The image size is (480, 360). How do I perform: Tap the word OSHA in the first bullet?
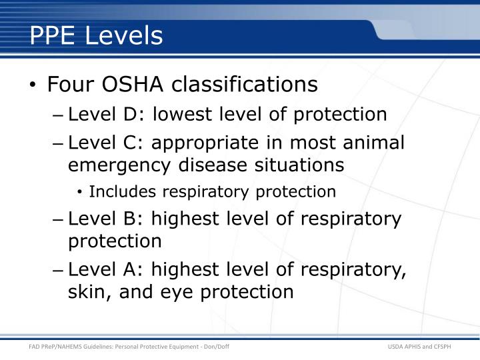[x=130, y=85]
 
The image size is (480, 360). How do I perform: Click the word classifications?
[x=245, y=85]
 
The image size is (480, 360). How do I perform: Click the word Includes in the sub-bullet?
[x=118, y=192]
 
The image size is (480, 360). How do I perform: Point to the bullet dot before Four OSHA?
[x=33, y=86]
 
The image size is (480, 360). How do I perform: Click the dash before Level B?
[x=58, y=219]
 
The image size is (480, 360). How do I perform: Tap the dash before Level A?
[x=58, y=271]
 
